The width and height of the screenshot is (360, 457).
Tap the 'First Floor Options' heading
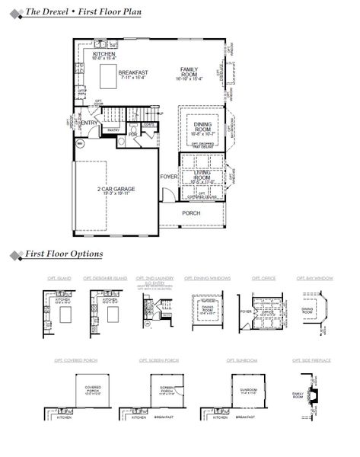point(64,254)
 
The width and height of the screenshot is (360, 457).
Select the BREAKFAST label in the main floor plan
point(132,72)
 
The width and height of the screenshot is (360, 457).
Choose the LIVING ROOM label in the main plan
point(201,174)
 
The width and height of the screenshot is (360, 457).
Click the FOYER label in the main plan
point(169,177)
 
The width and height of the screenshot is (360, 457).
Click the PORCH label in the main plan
point(191,213)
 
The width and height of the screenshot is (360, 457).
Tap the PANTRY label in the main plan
point(113,130)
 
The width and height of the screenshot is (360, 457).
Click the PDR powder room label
point(133,134)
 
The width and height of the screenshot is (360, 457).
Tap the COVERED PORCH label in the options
point(92,389)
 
